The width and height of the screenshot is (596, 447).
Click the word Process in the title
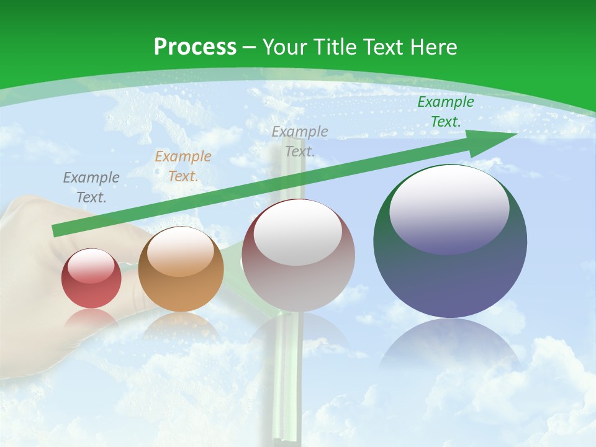[x=195, y=47]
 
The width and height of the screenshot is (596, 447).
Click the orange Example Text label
[x=183, y=166]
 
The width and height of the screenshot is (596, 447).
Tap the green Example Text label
[x=445, y=112]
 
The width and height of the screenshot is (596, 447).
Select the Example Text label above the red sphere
[x=91, y=187]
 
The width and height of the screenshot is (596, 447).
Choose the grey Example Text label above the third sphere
[x=300, y=141]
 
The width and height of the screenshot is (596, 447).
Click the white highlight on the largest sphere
[x=449, y=208]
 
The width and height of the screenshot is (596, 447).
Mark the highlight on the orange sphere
[x=181, y=251]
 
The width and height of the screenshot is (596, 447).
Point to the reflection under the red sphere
[x=91, y=320]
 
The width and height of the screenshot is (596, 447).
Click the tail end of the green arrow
[x=56, y=231]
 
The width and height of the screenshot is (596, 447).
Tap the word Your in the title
[x=283, y=47]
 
